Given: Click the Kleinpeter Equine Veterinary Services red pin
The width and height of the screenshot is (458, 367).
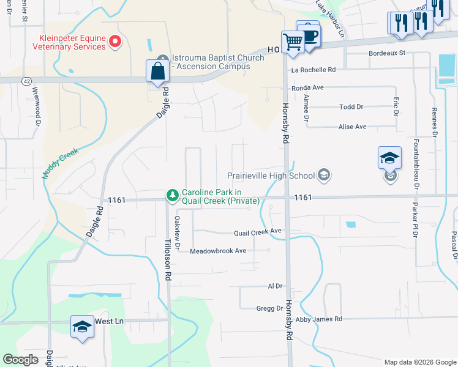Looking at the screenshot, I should [x=114, y=42].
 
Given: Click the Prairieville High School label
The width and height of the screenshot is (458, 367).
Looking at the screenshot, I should [x=271, y=176].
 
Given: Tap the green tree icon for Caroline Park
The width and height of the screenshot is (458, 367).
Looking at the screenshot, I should [x=173, y=196].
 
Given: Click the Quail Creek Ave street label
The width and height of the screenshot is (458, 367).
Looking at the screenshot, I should [x=257, y=232].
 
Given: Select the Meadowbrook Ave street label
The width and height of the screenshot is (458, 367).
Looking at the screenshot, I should [x=217, y=251].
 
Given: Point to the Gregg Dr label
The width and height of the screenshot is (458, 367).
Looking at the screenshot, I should [x=270, y=308].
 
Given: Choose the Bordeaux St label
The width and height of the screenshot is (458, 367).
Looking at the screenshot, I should [x=387, y=53].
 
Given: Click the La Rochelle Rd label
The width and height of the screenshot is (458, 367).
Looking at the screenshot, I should [x=313, y=70].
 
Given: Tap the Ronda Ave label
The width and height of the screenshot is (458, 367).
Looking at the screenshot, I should [x=307, y=88].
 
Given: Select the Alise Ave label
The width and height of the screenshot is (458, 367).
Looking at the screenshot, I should [x=352, y=127].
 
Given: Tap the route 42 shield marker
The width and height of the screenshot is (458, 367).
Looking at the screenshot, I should [x=26, y=81].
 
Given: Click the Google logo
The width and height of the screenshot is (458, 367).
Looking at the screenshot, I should [x=20, y=359].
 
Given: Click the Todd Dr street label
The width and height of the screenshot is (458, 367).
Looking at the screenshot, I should [x=351, y=107].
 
